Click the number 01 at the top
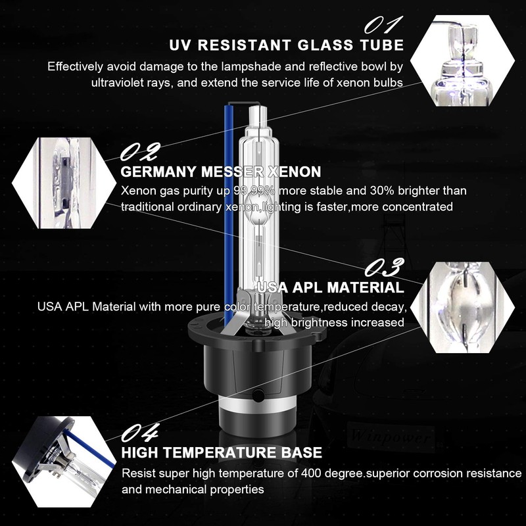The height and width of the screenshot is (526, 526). (383, 24)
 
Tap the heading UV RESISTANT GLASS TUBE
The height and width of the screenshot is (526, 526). (286, 45)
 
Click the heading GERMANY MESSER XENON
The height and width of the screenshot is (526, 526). (221, 172)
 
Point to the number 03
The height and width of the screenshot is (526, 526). (384, 268)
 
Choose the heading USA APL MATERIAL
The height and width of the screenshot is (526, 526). (331, 287)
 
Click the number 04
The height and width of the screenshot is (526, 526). (141, 433)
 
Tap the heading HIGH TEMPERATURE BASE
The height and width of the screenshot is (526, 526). (222, 452)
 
